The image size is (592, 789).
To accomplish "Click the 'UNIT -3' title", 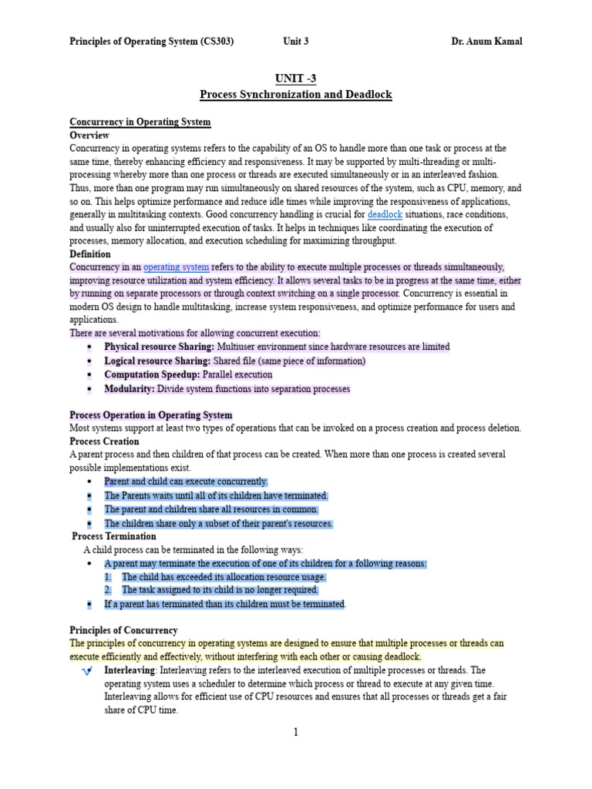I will coord(295,79).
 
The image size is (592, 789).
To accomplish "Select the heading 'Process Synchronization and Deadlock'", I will coord(295,95).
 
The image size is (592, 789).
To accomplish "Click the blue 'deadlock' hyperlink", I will coord(385,214).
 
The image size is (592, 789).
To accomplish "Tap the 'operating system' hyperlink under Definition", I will coord(176,267).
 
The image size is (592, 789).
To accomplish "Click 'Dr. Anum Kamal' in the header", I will coord(486,42).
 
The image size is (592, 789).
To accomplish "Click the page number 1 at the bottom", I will coord(295,732).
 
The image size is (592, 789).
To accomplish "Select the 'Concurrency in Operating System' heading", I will coord(140,123).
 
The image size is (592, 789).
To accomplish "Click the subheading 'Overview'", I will coord(89,136).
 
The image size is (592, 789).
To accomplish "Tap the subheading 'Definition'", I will coord(90,254).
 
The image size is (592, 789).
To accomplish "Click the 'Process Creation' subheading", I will coord(104,442).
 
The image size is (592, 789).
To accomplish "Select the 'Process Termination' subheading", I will coord(114,536).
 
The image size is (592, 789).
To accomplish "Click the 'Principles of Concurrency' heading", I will coord(123,630).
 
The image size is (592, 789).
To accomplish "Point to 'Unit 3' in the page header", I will coord(296,42).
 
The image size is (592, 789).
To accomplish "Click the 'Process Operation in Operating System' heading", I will coord(151,415).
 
